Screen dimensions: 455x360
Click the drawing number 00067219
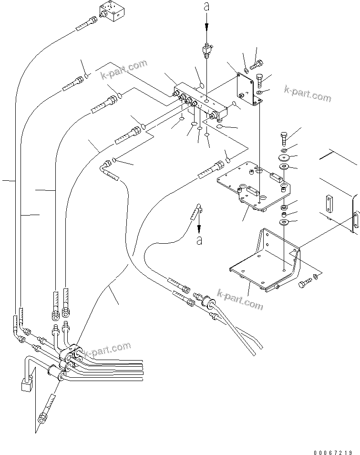(x=333, y=450)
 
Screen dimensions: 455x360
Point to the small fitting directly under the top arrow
(x=206, y=50)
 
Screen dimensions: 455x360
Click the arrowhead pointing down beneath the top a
(x=206, y=29)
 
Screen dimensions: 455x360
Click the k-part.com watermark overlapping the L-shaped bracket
(x=239, y=299)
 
